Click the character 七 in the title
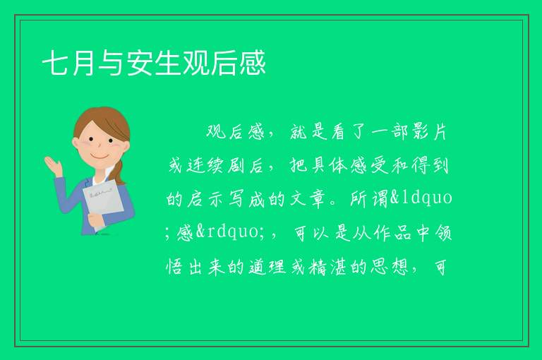(x=55, y=63)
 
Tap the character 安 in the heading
(x=139, y=63)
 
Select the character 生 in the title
(x=167, y=63)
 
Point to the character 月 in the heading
(x=83, y=63)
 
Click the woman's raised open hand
(x=54, y=166)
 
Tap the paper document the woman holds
(x=103, y=203)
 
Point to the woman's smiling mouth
(x=100, y=157)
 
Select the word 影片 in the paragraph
(x=430, y=132)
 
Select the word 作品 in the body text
(x=392, y=232)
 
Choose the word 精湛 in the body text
(x=328, y=267)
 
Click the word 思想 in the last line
(x=390, y=267)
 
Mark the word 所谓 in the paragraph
(x=370, y=199)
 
